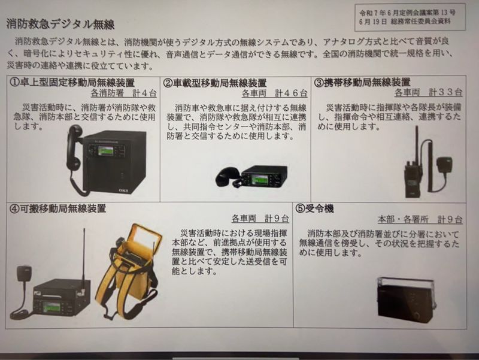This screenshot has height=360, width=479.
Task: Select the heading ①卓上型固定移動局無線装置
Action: click(72, 83)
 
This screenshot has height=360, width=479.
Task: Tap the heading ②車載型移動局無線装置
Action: click(215, 83)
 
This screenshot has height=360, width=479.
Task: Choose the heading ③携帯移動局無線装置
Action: click(362, 82)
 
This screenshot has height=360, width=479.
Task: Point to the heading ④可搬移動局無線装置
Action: click(57, 208)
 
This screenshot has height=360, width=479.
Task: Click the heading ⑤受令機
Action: click(314, 208)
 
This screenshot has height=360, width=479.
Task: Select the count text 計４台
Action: click(144, 93)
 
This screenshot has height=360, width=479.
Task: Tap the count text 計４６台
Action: click(291, 93)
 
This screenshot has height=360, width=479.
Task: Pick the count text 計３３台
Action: click(445, 92)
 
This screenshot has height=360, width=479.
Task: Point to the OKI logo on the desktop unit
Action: click(124, 190)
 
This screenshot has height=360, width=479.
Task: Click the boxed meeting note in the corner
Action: click(410, 17)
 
